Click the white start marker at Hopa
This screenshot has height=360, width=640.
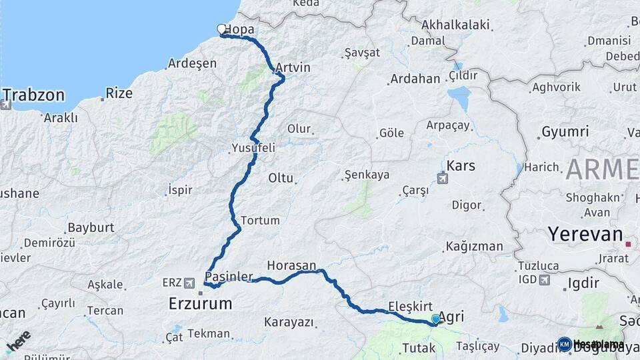pyautogui.click(x=222, y=29)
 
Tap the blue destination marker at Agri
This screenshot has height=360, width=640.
pyautogui.click(x=436, y=320)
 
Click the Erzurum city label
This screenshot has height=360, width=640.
pyautogui.click(x=201, y=304)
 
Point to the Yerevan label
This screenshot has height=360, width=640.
pyautogui.click(x=585, y=234)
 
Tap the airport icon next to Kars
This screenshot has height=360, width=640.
pyautogui.click(x=443, y=178)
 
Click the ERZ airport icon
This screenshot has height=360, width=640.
pyautogui.click(x=190, y=283)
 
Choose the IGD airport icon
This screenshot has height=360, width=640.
pyautogui.click(x=545, y=280)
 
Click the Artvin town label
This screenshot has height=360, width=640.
pyautogui.click(x=293, y=68)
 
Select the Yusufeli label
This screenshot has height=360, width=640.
pyautogui.click(x=253, y=148)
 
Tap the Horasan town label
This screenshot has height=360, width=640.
pyautogui.click(x=291, y=265)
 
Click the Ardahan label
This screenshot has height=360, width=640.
pyautogui.click(x=415, y=79)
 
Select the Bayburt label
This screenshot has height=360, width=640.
pyautogui.click(x=91, y=227)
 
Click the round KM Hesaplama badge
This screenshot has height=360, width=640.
pyautogui.click(x=565, y=344)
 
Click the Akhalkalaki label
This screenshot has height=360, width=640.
pyautogui.click(x=456, y=25)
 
